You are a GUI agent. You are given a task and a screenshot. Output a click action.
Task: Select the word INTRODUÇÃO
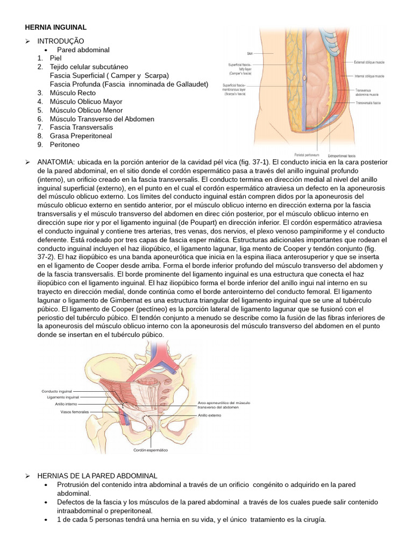[60, 41]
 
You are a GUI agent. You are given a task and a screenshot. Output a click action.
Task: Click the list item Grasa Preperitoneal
[81, 136]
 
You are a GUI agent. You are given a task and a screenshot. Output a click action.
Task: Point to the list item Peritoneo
[66, 145]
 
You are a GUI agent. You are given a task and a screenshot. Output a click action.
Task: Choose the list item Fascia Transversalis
[81, 128]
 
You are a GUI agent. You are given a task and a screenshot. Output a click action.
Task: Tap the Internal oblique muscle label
[369, 76]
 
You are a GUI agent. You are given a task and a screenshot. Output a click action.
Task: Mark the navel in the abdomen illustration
[305, 79]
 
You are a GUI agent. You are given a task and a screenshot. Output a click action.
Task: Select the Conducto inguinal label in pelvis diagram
[57, 391]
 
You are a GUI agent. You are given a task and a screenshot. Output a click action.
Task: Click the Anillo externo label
[210, 415]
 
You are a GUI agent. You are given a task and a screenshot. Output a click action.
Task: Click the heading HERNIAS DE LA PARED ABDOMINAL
[97, 476]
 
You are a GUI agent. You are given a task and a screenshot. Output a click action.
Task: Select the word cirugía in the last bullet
[312, 520]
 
